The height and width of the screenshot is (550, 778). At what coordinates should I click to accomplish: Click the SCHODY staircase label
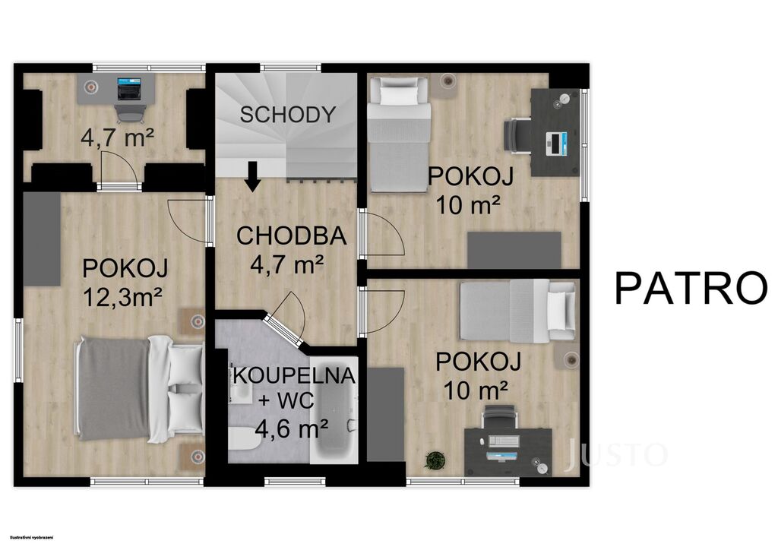pos(288,115)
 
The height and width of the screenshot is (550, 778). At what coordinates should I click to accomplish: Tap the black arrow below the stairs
pos(253,176)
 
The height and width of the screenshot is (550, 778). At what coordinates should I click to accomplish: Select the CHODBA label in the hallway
pos(291,235)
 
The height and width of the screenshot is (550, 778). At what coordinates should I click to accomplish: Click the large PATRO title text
pos(691,288)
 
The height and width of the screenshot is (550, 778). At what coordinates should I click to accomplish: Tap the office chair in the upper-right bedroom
pos(517,134)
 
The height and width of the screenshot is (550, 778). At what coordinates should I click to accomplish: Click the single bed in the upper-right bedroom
pos(399,134)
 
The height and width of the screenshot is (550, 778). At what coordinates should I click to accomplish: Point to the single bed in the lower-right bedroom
pos(518,311)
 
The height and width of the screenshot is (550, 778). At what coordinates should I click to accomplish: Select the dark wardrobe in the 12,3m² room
pos(43,239)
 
